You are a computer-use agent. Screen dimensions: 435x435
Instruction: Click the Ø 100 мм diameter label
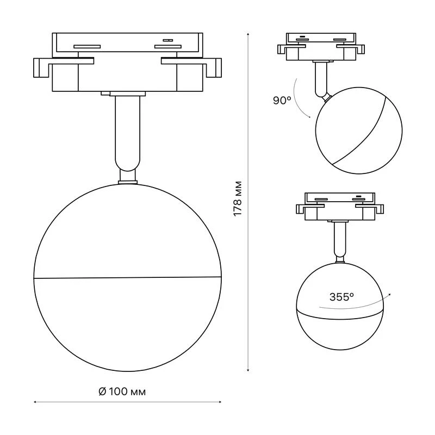pyautogui.click(x=122, y=391)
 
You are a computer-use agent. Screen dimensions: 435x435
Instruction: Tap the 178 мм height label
pyautogui.click(x=238, y=198)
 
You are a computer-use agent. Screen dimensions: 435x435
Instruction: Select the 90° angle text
pyautogui.click(x=282, y=100)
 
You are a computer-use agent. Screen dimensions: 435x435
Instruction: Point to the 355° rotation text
pyautogui.click(x=341, y=297)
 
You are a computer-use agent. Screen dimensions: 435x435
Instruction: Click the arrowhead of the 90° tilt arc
pyautogui.click(x=309, y=117)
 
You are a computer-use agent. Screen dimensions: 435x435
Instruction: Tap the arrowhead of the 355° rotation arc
pyautogui.click(x=390, y=294)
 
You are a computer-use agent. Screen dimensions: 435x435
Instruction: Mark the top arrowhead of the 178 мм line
pyautogui.click(x=248, y=34)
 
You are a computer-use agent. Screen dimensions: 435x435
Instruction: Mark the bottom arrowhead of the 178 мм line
pyautogui.click(x=248, y=370)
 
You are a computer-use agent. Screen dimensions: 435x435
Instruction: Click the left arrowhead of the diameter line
pyautogui.click(x=35, y=402)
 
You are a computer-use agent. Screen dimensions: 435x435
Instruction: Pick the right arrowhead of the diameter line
pyautogui.click(x=220, y=402)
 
